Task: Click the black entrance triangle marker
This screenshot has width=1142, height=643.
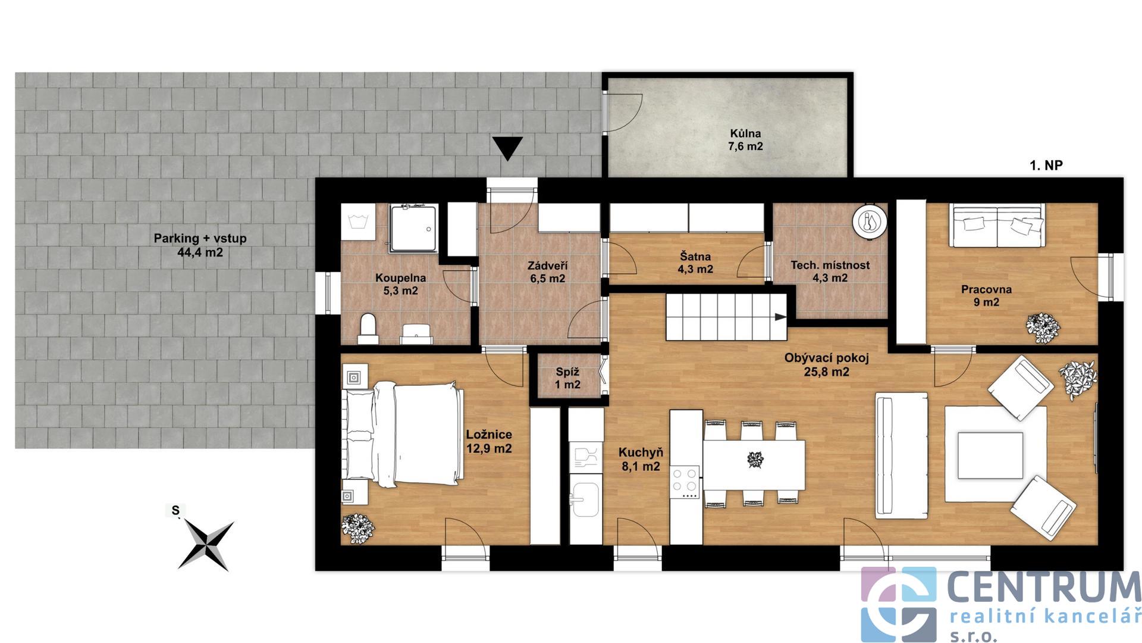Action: pos(507,148)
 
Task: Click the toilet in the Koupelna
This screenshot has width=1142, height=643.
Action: pos(368,329)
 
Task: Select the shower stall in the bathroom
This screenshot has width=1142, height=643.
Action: pos(414,228)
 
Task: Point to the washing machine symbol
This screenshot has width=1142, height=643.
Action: pos(358,222)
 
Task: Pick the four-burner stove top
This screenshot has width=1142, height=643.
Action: pos(684,482)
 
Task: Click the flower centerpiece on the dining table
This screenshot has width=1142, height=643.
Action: pos(755,460)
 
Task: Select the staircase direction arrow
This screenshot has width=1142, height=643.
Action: pos(780,317)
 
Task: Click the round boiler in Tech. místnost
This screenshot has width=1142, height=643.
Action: pos(870,221)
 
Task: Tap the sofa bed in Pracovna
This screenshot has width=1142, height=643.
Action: pos(997,225)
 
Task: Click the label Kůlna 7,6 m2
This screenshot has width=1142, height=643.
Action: pos(745,140)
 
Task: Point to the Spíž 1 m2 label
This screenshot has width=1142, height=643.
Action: pos(567,378)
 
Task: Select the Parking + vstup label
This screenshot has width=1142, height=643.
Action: pos(200,245)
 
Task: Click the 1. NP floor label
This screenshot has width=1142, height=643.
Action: pos(1046,166)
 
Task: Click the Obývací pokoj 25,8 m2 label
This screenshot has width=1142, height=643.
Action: pos(826,365)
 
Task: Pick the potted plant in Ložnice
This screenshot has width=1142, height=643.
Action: pos(357,528)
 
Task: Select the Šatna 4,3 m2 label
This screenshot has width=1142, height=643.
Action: pos(695,263)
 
